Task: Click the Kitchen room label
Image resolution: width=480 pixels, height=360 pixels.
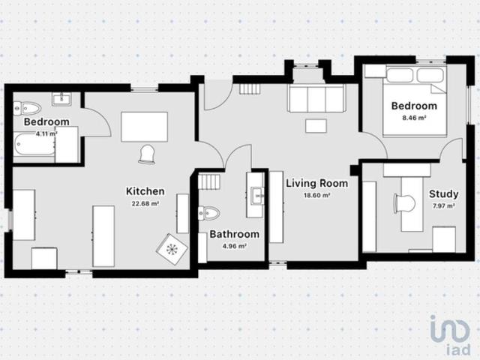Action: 145,191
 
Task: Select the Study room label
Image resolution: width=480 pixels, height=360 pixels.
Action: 443,193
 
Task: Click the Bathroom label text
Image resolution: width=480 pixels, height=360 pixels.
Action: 234,234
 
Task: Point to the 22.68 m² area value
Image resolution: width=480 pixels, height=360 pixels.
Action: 145,203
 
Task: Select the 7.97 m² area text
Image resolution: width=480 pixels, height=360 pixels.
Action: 443,205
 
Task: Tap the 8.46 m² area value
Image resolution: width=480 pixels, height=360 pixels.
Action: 414,118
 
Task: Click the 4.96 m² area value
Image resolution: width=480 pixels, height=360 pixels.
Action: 234,245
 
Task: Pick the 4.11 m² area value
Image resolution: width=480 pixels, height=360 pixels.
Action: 46,133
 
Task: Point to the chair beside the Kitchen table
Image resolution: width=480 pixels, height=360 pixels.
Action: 146,153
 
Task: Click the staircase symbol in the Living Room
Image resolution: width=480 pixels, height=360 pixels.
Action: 249,88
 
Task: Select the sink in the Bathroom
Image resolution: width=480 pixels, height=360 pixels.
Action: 257,195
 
